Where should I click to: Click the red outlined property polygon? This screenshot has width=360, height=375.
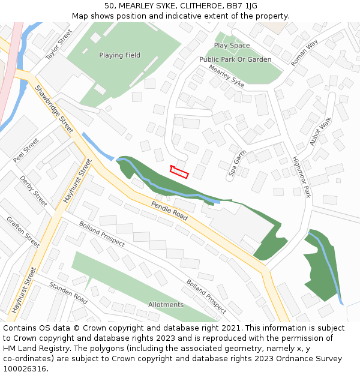[179, 172]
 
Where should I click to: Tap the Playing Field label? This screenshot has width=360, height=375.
[119, 55]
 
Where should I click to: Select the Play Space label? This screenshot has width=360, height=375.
[232, 46]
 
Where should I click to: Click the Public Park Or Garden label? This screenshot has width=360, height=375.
[235, 60]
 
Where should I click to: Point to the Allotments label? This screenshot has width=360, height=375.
[166, 305]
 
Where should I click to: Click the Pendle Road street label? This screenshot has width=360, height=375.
[170, 211]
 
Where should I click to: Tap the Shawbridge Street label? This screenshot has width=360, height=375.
[53, 109]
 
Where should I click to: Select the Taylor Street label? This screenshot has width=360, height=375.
[58, 44]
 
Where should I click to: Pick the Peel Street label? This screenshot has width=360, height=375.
[26, 151]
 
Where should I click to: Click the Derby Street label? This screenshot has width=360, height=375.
[33, 191]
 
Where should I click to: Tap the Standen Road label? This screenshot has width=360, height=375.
[68, 292]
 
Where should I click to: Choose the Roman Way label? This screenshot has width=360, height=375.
[304, 53]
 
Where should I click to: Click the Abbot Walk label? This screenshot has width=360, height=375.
[320, 131]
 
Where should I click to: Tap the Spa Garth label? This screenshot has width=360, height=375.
[238, 162]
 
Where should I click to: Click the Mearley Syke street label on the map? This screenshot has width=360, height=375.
[227, 76]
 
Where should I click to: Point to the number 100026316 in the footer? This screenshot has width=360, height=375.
[25, 368]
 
